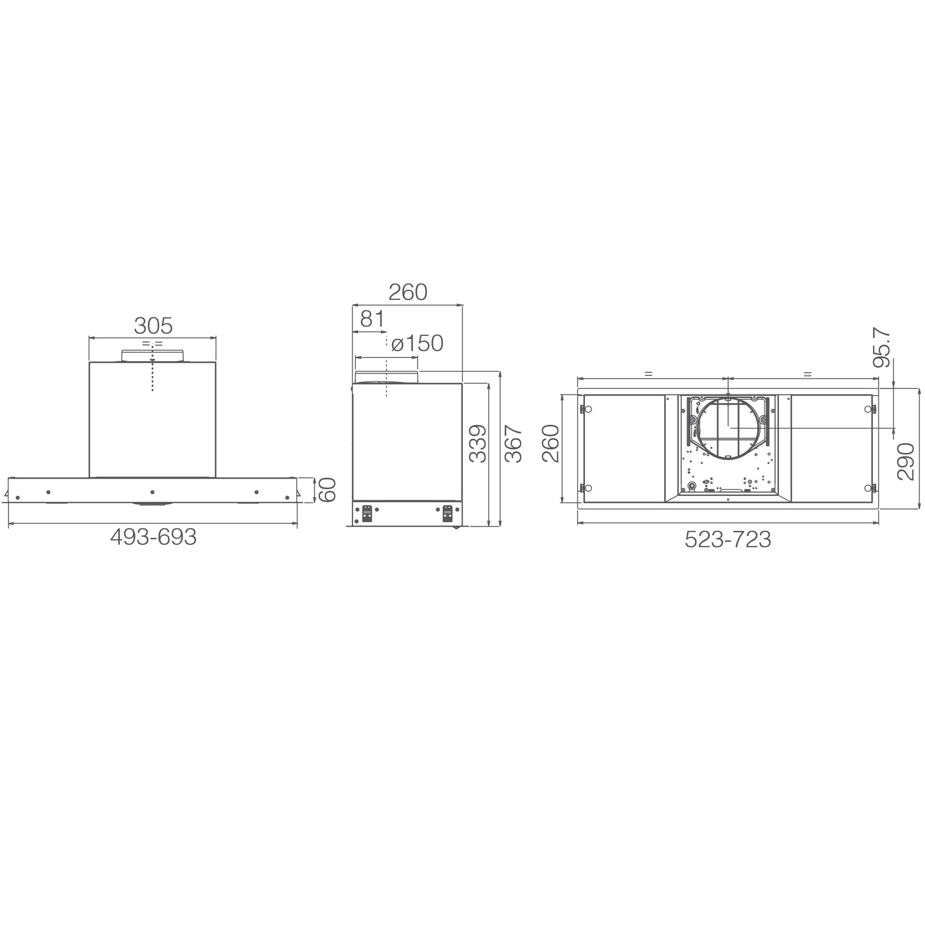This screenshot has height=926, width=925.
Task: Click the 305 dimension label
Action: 153,326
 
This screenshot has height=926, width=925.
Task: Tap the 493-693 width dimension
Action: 153,538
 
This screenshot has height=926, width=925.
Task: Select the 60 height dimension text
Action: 327,489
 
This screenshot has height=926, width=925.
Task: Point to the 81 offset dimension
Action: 372,319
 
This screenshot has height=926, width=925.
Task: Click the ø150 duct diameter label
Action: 417,344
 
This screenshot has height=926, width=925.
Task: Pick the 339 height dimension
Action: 478,444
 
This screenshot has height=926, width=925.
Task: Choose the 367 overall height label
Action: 513,444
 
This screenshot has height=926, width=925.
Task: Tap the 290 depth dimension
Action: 906,462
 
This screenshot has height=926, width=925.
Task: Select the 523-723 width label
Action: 728,540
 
